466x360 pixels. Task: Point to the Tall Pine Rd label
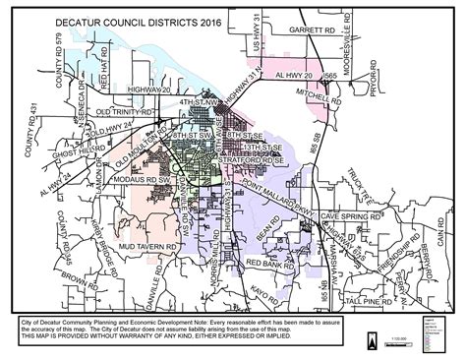(x=363, y=299)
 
